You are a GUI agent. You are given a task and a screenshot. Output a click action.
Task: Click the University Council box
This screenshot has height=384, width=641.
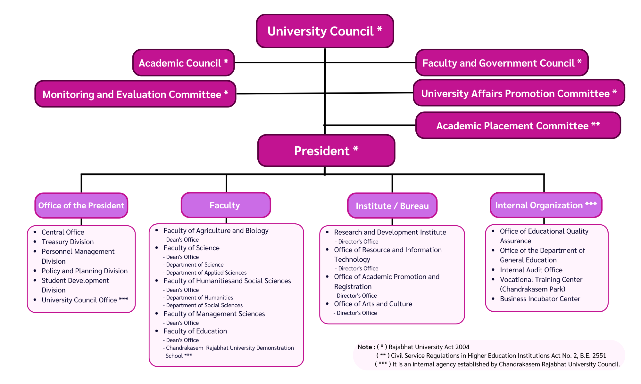(325, 31)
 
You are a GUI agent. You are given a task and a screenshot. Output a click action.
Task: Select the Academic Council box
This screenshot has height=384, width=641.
(183, 63)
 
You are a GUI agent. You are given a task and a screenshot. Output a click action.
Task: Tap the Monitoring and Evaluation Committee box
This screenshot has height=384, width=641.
(135, 94)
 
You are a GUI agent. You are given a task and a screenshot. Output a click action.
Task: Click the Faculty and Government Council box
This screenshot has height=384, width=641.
(502, 63)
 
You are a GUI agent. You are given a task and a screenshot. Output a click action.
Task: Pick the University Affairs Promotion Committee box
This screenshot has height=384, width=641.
(519, 93)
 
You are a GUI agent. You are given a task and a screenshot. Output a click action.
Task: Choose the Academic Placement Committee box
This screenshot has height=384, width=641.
(518, 125)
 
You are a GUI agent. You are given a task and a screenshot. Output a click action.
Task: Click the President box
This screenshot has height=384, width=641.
(326, 151)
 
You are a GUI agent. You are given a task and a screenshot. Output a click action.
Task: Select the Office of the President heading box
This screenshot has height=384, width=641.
(81, 205)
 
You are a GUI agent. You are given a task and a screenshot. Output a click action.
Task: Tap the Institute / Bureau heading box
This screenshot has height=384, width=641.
(392, 206)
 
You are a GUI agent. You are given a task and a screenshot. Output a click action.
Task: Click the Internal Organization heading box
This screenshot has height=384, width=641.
(546, 205)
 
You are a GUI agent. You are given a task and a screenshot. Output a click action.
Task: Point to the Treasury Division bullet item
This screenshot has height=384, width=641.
(68, 242)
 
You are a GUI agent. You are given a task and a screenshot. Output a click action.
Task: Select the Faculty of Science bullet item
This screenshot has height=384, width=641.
(191, 248)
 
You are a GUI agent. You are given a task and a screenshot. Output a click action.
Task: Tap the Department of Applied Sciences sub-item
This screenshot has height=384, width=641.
(206, 273)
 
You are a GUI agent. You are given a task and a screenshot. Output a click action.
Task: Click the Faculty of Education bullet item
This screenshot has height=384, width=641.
(195, 331)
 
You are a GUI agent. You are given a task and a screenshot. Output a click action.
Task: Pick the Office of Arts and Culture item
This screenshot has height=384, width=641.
(373, 304)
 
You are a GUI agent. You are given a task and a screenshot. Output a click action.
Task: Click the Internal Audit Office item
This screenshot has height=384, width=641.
(531, 270)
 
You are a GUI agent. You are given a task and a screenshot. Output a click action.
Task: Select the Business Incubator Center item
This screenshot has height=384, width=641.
(540, 299)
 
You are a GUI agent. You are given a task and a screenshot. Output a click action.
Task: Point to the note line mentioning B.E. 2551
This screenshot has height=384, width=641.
(491, 356)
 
